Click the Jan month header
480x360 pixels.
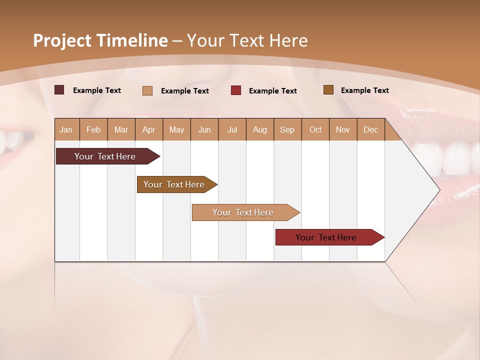click(x=66, y=129)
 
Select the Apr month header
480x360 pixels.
click(x=149, y=129)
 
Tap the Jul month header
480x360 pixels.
click(x=232, y=129)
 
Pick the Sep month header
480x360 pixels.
click(x=287, y=129)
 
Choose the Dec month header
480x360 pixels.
click(x=370, y=129)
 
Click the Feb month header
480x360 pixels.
click(x=93, y=129)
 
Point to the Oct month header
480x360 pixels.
click(x=315, y=129)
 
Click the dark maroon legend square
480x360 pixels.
click(x=59, y=90)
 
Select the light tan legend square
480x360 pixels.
click(x=147, y=90)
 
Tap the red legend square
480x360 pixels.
click(x=236, y=90)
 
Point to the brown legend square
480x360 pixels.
click(x=328, y=90)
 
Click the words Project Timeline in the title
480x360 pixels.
click(x=100, y=40)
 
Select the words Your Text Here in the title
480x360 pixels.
click(x=247, y=40)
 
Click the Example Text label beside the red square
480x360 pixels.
click(x=272, y=91)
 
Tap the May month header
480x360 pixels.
click(x=176, y=129)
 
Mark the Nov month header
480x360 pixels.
click(x=343, y=129)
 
